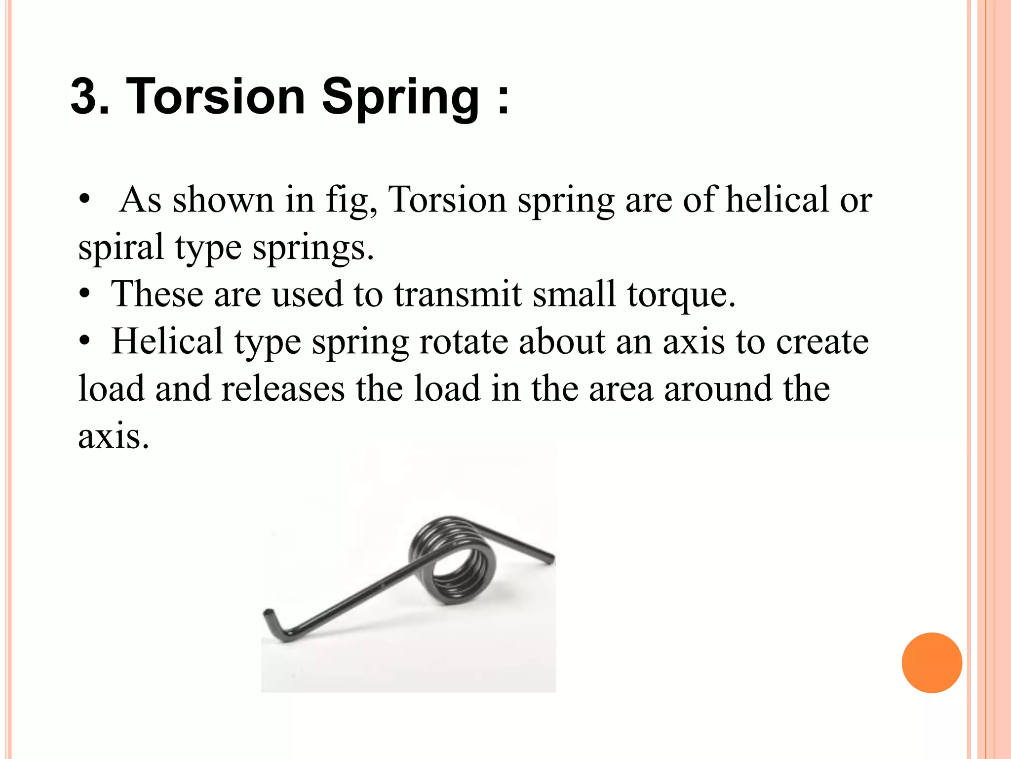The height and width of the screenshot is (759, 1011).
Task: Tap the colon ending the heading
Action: point(503,97)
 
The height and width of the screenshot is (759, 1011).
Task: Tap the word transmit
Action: point(458,294)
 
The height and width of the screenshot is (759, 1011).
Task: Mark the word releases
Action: point(283,388)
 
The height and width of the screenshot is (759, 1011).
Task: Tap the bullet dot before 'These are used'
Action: point(85,295)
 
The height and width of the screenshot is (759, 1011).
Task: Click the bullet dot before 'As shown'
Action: point(85,200)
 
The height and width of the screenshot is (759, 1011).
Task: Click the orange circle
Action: point(932,663)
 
